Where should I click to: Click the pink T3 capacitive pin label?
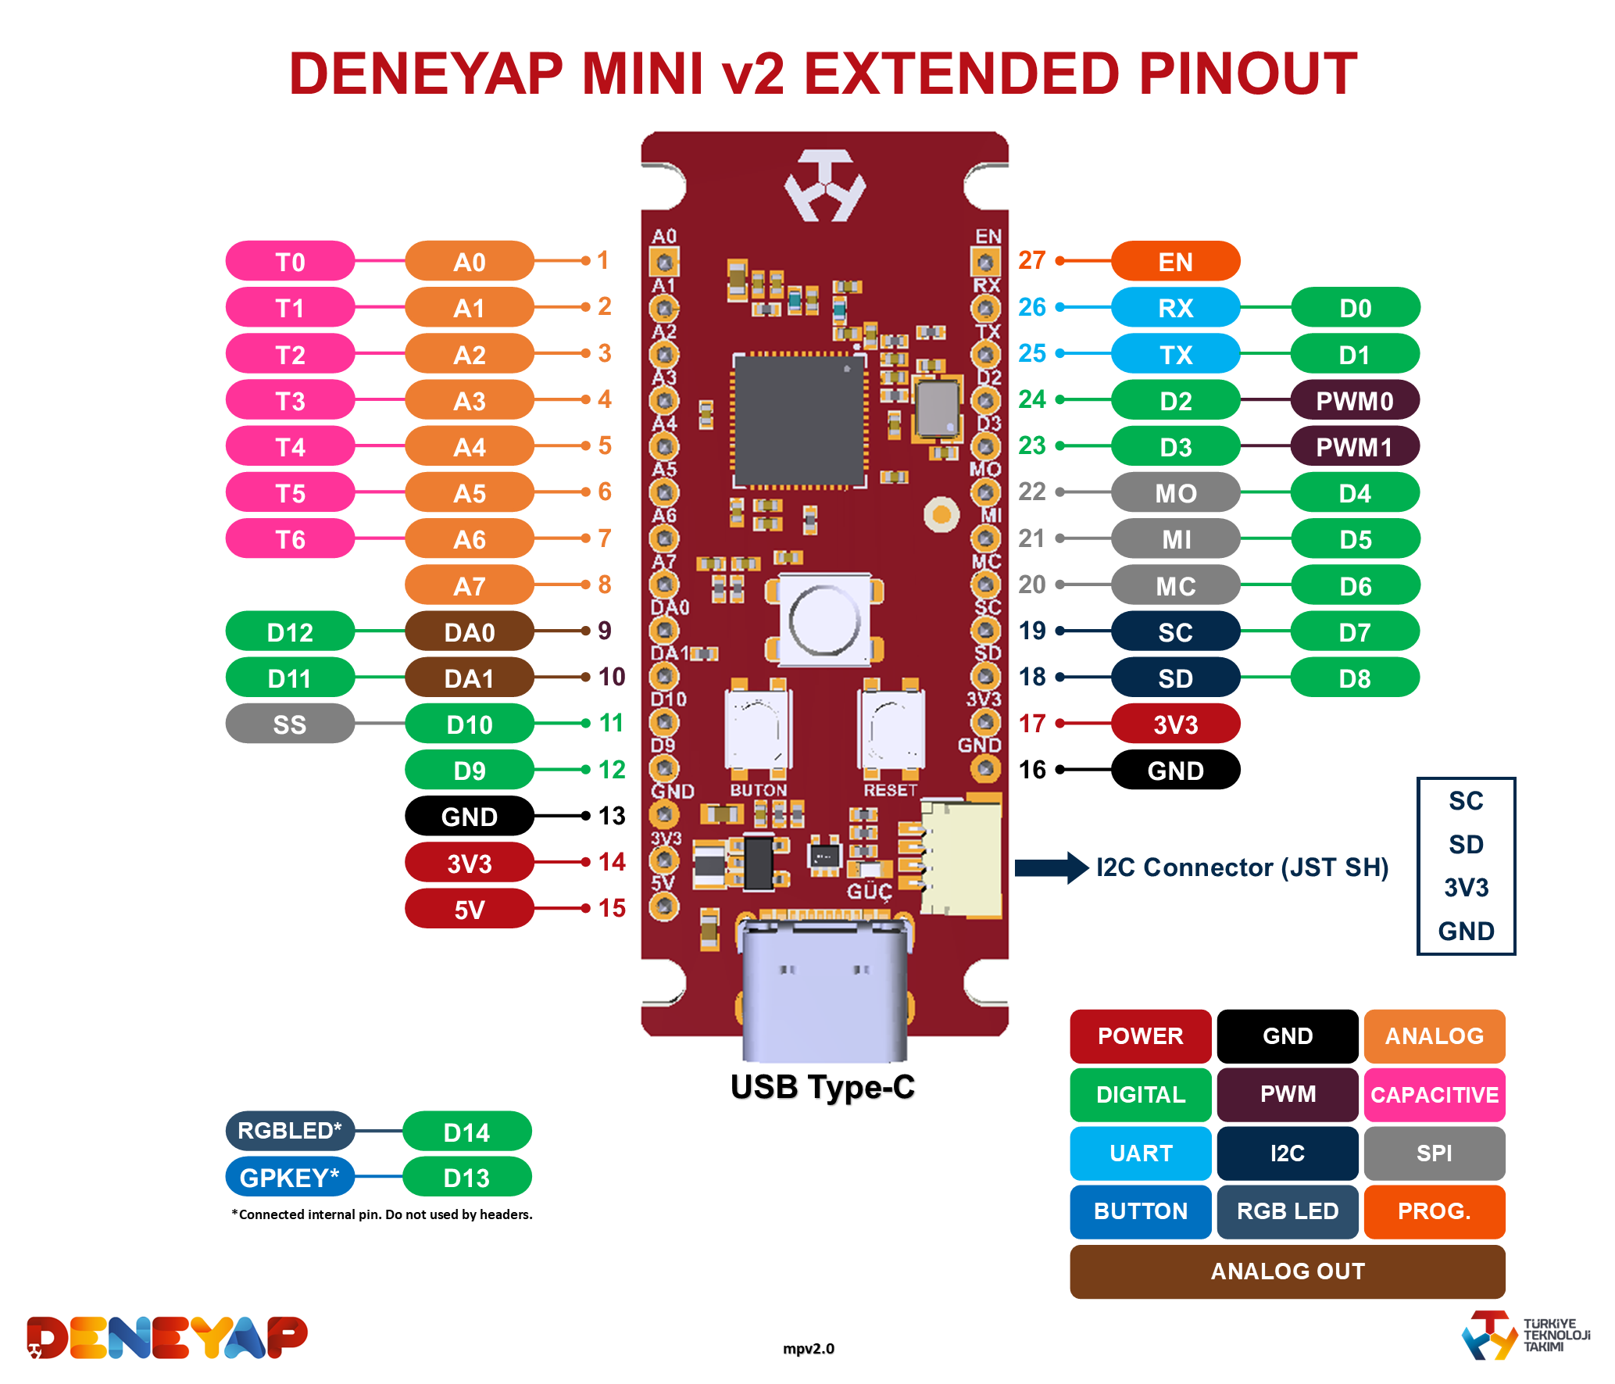pos(290,400)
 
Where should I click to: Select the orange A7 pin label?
pos(469,585)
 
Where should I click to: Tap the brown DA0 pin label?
pos(469,631)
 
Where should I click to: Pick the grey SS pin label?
pos(290,724)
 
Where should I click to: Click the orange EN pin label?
pos(1175,261)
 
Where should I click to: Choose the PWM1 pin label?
pos(1355,447)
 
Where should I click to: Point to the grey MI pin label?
pos(1175,539)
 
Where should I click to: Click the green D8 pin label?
pos(1355,678)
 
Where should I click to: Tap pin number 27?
pos(1031,260)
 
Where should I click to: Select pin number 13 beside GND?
pos(612,816)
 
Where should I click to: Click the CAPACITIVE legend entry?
pos(1435,1095)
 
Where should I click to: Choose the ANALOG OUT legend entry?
pos(1287,1271)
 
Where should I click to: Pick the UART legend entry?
pos(1141,1153)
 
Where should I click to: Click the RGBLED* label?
pos(290,1131)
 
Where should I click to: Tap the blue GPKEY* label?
pos(290,1177)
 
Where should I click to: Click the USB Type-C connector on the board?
pos(824,989)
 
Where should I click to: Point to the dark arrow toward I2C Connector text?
pos(1051,867)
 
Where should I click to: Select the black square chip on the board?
pos(799,420)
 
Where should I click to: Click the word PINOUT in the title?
pos(1247,74)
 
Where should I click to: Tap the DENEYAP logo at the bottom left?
pos(167,1337)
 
